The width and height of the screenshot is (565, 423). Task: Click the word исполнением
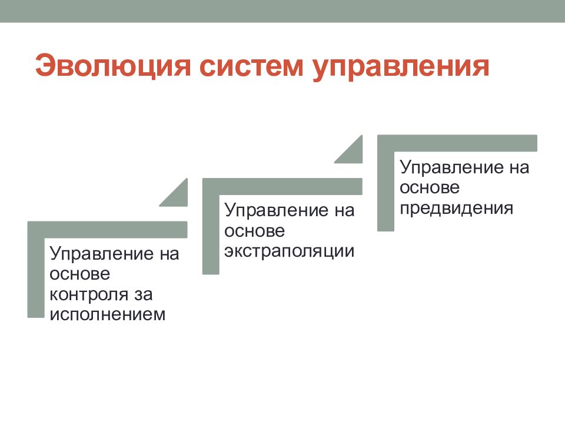click(108, 314)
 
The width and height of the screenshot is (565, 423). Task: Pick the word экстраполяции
click(288, 251)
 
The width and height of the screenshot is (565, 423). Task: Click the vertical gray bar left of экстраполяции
click(210, 235)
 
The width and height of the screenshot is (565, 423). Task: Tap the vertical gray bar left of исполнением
click(35, 276)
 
